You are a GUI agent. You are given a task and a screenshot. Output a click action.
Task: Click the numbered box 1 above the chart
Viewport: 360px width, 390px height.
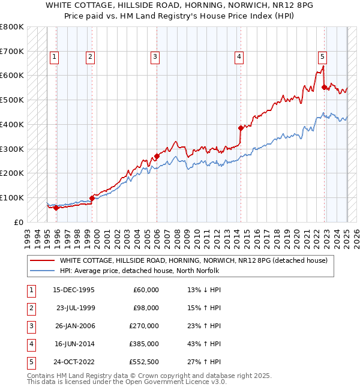pyautogui.click(x=54, y=57)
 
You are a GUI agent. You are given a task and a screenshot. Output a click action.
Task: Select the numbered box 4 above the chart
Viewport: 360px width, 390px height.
pyautogui.click(x=239, y=57)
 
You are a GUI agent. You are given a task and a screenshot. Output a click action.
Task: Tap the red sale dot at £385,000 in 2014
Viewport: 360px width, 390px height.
pyautogui.click(x=241, y=128)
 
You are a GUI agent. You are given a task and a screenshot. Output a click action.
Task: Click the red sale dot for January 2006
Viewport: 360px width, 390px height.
pyautogui.click(x=157, y=156)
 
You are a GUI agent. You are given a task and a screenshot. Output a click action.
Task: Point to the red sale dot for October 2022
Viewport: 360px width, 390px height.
pyautogui.click(x=325, y=87)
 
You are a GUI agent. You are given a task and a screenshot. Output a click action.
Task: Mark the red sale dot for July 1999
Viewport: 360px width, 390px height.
pyautogui.click(x=92, y=198)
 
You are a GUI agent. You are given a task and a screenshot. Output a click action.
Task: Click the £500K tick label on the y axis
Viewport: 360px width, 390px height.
pyautogui.click(x=12, y=100)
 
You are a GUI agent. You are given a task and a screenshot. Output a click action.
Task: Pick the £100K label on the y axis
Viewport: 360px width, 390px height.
pyautogui.click(x=12, y=197)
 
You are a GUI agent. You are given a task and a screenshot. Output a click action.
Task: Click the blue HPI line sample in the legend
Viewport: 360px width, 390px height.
pyautogui.click(x=42, y=271)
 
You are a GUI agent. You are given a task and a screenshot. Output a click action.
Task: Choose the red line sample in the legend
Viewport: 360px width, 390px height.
pyautogui.click(x=42, y=260)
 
